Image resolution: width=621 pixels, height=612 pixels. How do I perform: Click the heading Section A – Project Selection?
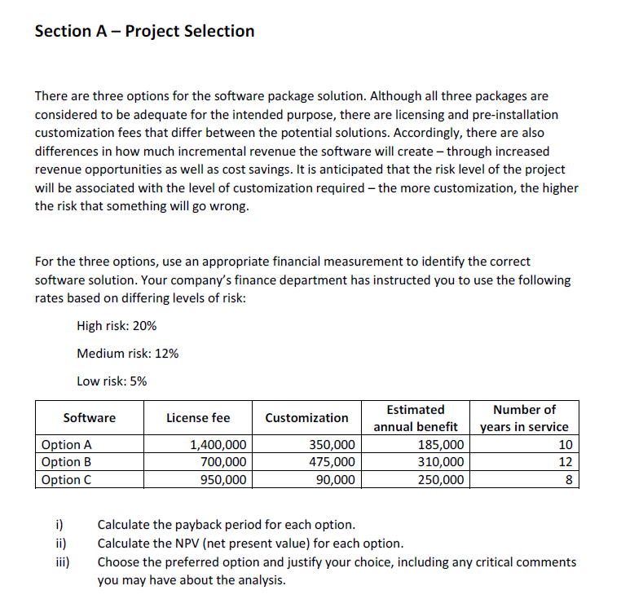tap(145, 31)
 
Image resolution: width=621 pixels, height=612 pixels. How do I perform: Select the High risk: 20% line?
tap(117, 326)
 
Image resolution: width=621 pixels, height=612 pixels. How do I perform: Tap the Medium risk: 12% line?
tap(127, 354)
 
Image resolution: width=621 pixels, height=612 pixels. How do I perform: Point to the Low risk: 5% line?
tap(112, 381)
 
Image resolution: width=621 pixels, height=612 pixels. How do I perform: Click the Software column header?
tap(90, 418)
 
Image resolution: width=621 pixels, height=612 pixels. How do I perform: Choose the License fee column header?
tap(198, 418)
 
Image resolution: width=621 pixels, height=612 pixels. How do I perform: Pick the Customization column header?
tap(306, 418)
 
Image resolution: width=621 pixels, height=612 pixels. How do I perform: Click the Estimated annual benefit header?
tap(415, 418)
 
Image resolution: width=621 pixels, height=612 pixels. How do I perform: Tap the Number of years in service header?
tap(524, 418)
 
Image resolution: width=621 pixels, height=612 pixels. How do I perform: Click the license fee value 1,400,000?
tap(218, 445)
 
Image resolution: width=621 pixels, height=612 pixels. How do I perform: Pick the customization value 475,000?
tap(333, 462)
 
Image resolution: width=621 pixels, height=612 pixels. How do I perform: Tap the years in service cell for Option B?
tap(566, 462)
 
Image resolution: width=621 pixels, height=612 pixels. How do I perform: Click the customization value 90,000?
tap(336, 480)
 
